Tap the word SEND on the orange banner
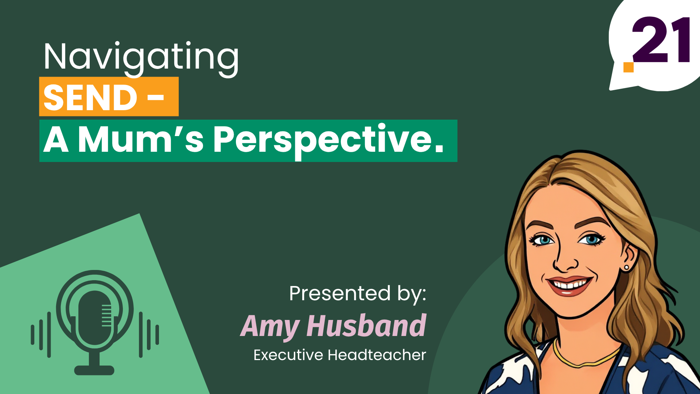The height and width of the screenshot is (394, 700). (x=90, y=97)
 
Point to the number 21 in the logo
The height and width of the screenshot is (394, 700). (x=661, y=40)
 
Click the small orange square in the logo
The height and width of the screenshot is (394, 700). (x=629, y=67)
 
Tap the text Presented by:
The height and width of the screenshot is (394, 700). (x=358, y=294)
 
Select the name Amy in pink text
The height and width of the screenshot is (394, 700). (x=270, y=326)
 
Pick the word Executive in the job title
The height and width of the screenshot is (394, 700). (x=288, y=355)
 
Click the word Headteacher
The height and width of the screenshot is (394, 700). (x=377, y=355)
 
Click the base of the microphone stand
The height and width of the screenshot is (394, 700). (x=94, y=370)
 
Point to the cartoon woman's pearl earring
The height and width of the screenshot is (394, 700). (x=627, y=268)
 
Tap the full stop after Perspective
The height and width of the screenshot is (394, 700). (x=439, y=149)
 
